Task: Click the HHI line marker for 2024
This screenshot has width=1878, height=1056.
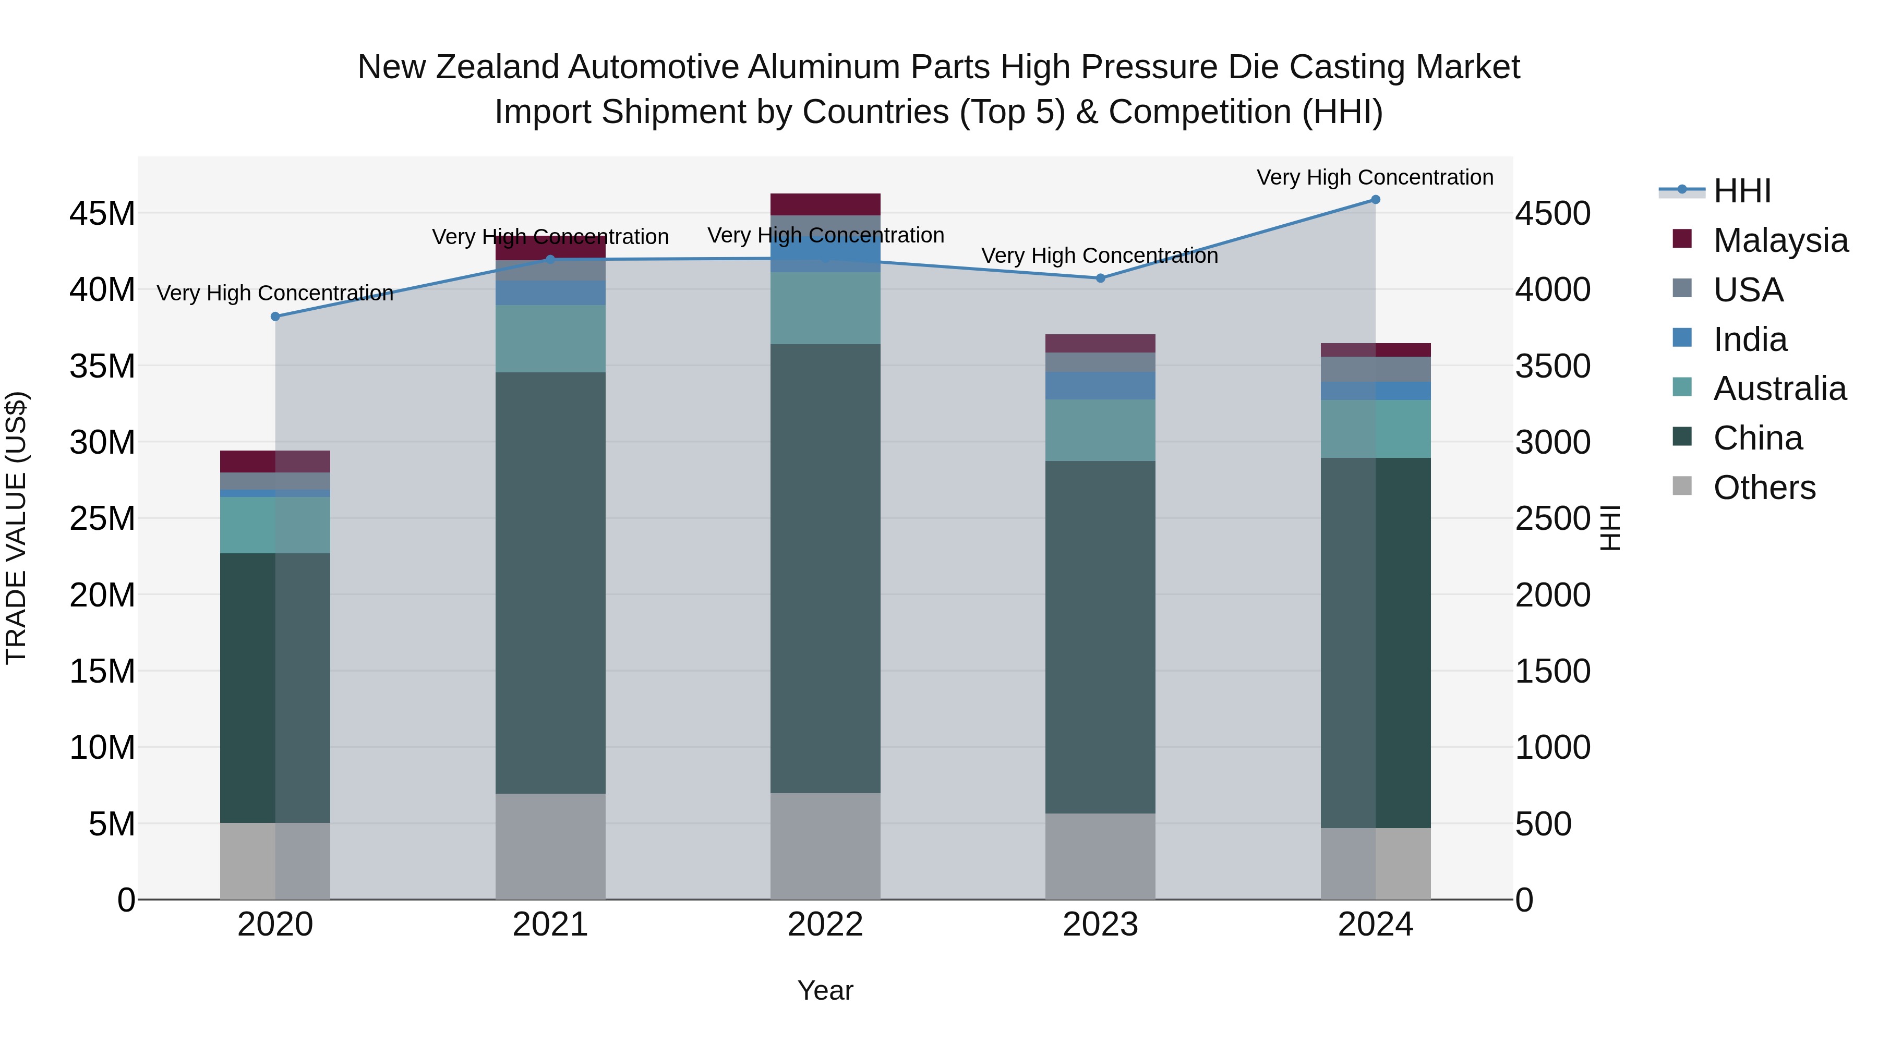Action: coord(1375,200)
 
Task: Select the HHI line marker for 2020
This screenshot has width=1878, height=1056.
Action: coord(275,317)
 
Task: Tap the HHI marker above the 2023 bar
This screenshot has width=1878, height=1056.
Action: coord(1100,278)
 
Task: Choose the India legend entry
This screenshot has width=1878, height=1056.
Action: coord(1749,339)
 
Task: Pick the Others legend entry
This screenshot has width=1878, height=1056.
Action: coord(1764,488)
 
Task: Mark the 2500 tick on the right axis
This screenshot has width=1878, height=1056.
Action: coord(1553,519)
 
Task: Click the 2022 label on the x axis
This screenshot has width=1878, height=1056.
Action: coord(825,925)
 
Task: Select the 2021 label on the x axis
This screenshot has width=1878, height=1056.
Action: coord(550,925)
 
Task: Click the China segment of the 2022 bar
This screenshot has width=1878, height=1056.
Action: coord(825,568)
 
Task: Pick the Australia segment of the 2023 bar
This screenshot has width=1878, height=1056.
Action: coord(1100,430)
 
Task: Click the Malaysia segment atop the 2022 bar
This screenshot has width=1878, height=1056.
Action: coord(825,204)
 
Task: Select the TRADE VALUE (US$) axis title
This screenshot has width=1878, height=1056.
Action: coord(16,528)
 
